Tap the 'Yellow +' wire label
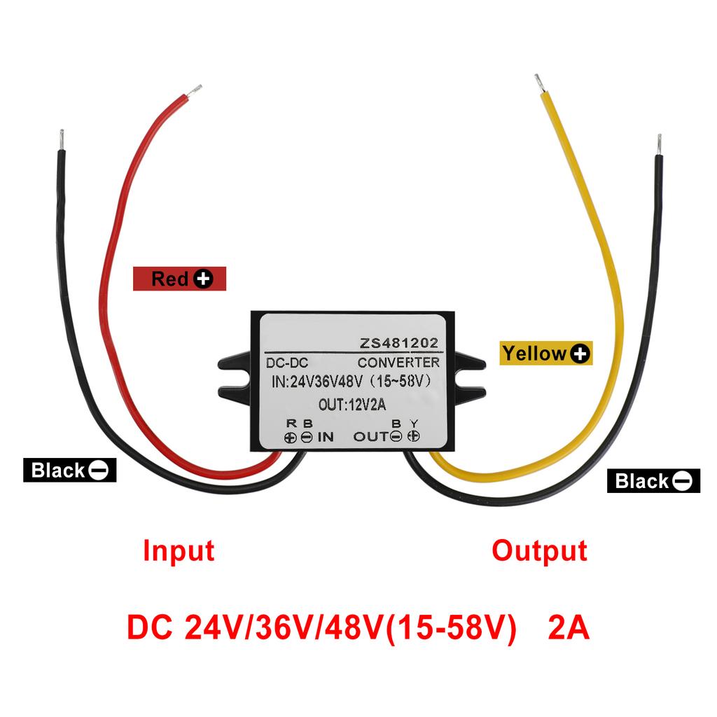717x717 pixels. [x=545, y=354]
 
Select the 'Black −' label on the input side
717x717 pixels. [x=69, y=470]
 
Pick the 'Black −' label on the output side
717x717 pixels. [x=653, y=480]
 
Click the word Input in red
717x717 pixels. [x=179, y=551]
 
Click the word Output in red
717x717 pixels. [x=538, y=551]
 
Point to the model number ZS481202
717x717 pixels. [x=399, y=343]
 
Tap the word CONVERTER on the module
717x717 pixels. [x=398, y=362]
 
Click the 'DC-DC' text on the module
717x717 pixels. [x=288, y=363]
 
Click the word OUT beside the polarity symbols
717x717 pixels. [x=370, y=437]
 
